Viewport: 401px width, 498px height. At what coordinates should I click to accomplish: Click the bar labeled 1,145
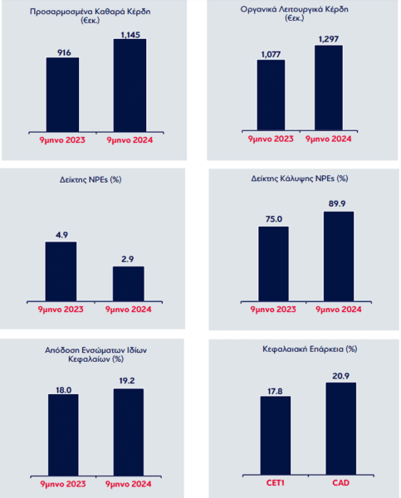tap(130, 85)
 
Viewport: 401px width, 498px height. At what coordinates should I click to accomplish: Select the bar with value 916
tap(62, 95)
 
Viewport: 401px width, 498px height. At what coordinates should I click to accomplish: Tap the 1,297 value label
tap(329, 39)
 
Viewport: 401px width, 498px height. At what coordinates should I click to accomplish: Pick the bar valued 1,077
tap(271, 95)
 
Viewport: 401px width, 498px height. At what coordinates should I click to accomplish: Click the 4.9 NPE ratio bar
tap(61, 271)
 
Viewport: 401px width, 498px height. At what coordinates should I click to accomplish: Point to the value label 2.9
tap(127, 259)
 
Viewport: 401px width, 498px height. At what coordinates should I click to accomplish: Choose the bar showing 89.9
tap(339, 256)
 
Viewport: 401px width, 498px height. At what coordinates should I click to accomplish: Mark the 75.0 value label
tap(274, 219)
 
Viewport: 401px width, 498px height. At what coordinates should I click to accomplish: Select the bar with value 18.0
tap(63, 435)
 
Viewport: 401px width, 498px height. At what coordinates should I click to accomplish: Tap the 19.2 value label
tap(127, 380)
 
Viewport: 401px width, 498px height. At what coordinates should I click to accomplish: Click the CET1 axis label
tap(275, 483)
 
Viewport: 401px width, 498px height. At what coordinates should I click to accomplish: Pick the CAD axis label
tap(341, 483)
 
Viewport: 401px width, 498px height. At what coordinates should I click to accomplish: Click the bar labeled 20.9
tap(341, 428)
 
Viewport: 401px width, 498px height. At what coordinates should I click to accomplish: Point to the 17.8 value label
tap(275, 391)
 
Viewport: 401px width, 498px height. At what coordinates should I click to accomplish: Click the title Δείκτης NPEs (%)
tap(90, 180)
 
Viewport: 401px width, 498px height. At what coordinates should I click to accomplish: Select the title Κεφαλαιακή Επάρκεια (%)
tap(310, 349)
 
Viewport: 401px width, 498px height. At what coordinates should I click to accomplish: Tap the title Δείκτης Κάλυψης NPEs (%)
tap(300, 178)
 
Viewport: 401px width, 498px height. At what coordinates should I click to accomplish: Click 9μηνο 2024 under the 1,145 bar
tap(130, 140)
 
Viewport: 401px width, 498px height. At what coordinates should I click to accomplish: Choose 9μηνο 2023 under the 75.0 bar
tap(273, 310)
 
